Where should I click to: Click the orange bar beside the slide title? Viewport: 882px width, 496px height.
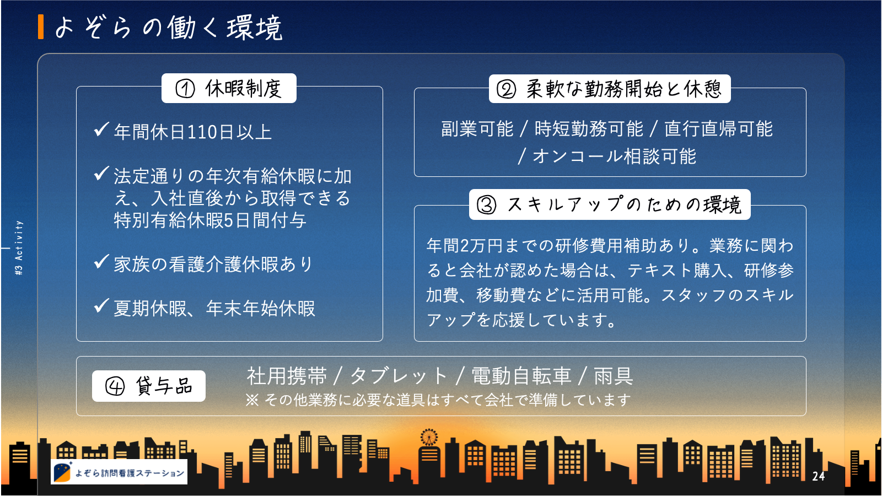(x=41, y=27)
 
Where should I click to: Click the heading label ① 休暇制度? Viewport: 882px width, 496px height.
(x=229, y=88)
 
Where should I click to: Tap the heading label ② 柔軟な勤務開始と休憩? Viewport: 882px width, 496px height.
(x=610, y=89)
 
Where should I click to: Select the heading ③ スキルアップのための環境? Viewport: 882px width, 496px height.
(x=610, y=204)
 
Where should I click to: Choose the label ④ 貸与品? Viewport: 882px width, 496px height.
(x=149, y=386)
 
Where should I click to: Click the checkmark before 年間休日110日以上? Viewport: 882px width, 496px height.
(x=101, y=130)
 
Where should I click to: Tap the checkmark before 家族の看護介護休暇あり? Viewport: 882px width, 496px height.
(x=101, y=262)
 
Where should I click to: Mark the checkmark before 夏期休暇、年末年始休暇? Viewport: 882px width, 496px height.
(x=101, y=306)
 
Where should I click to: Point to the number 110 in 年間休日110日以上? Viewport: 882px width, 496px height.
(x=202, y=132)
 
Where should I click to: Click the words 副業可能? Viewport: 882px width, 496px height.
(x=477, y=129)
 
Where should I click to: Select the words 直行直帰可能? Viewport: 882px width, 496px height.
(x=719, y=129)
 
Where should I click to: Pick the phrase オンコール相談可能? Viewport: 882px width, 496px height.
(x=615, y=157)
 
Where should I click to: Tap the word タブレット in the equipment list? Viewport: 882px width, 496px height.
(x=399, y=376)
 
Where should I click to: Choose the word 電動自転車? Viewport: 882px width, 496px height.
(x=521, y=376)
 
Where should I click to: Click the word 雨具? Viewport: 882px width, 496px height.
(x=614, y=376)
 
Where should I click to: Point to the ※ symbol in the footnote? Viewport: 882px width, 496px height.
(x=252, y=400)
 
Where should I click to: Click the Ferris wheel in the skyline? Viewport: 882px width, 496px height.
(x=429, y=437)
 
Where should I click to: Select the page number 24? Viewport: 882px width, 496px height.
(x=819, y=476)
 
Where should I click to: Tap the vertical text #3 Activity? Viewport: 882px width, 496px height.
(x=19, y=247)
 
